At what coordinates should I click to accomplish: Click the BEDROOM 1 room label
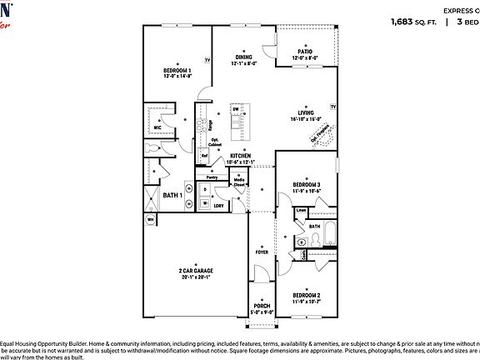point(177,70)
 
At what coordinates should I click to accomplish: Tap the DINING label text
point(243,57)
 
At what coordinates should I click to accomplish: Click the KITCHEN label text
point(241,156)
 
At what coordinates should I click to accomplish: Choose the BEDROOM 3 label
point(306,184)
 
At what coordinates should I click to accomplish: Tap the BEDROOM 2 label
point(306,296)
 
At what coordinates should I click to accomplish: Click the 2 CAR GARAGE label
point(196,272)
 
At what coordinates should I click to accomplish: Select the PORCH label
point(262,306)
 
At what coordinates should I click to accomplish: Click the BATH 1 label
point(172,195)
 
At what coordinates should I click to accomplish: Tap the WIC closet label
point(157,127)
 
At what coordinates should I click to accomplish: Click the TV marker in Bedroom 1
point(207,60)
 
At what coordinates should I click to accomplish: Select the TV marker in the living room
point(332,107)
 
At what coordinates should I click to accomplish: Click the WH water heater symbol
point(151,220)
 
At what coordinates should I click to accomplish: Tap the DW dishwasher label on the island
point(236,110)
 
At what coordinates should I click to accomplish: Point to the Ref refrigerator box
point(204,156)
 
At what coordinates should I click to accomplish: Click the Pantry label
point(212,177)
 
